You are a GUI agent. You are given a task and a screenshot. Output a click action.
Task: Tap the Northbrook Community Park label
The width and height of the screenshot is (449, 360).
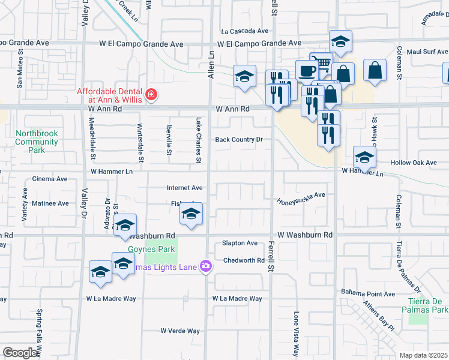[x=37, y=142]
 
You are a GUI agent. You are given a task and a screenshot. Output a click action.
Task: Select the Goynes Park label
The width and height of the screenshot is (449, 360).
[x=142, y=249]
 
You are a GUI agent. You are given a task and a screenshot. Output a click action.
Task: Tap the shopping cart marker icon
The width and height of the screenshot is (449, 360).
[x=322, y=62]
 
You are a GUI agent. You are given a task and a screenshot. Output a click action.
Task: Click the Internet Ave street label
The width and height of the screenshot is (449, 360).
[x=184, y=188]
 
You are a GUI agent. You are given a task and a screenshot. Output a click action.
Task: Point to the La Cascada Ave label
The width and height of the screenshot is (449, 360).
[x=244, y=31]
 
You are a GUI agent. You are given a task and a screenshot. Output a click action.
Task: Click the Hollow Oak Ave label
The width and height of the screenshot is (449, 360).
[x=413, y=163]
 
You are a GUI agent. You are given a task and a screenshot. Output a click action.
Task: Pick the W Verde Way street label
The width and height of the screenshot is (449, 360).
[x=180, y=331]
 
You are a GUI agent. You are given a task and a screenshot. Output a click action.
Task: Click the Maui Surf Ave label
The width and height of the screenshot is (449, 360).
[x=427, y=52]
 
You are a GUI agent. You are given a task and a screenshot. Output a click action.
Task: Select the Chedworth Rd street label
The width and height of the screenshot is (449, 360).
[x=244, y=260]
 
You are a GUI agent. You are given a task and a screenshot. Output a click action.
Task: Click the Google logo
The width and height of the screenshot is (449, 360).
[x=20, y=353]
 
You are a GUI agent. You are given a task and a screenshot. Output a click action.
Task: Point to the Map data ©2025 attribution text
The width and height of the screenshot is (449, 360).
[x=423, y=355]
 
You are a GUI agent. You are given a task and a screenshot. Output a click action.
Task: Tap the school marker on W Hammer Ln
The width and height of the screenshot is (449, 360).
[x=364, y=157]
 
